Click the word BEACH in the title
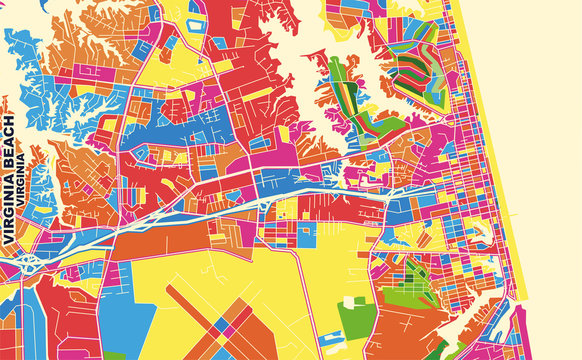tap(10, 145)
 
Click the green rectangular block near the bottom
tap(357, 318)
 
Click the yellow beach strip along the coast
tap(500, 150)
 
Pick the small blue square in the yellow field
tap(305, 236)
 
